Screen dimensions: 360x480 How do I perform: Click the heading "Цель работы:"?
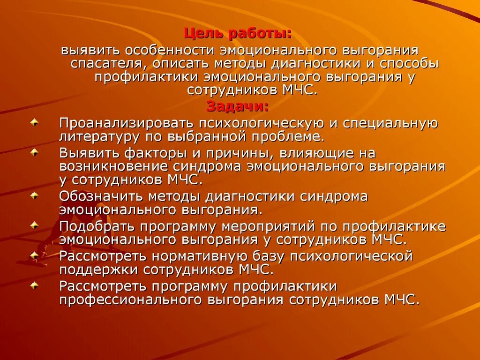click(x=238, y=33)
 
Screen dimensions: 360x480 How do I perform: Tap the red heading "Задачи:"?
click(x=238, y=107)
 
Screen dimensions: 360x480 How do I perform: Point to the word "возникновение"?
click(x=114, y=166)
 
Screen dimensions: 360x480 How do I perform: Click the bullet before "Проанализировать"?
click(x=35, y=123)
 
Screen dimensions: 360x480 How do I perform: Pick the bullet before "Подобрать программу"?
click(x=35, y=226)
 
